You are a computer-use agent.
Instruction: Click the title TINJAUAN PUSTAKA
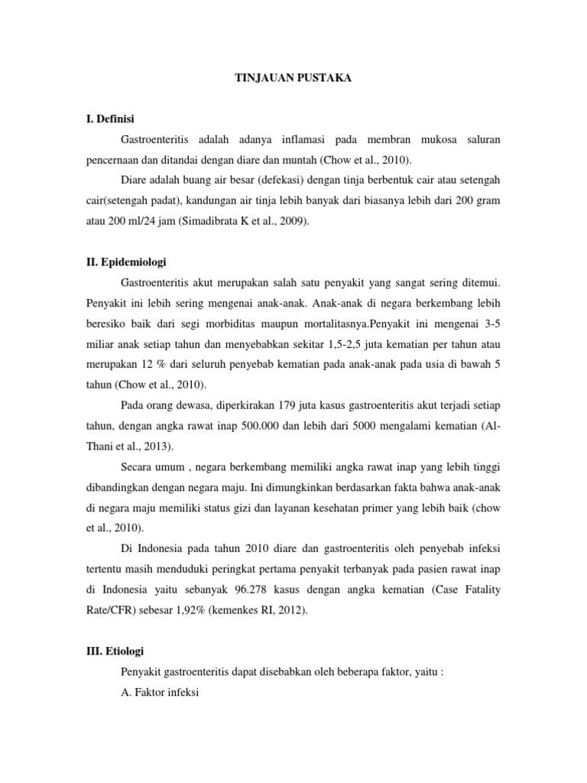click(x=293, y=78)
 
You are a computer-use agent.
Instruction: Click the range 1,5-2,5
click(x=365, y=343)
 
